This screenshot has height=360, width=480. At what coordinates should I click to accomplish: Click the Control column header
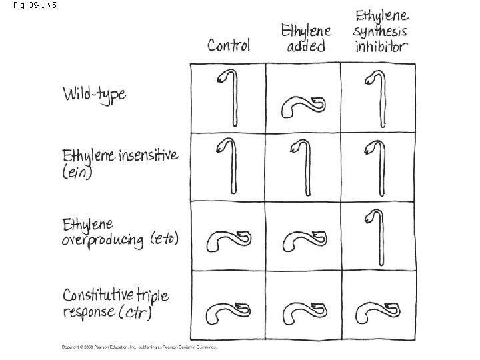(229, 45)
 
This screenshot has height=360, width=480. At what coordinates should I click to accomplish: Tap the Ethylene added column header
(307, 38)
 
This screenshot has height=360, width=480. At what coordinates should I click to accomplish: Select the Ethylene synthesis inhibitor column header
(382, 31)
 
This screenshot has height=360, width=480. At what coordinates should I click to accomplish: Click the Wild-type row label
(94, 94)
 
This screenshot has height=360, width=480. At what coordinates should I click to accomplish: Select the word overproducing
(103, 240)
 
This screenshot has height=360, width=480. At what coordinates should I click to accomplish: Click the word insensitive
(148, 155)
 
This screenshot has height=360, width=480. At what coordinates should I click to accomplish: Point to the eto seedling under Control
(228, 240)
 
